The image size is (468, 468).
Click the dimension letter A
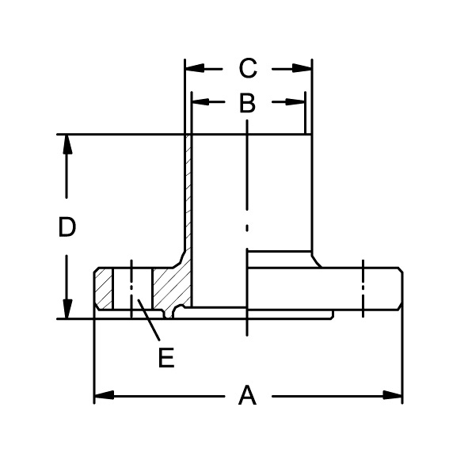coord(247,394)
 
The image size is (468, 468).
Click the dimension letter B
coord(247,102)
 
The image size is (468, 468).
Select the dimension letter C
coord(248,69)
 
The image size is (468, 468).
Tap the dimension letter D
coord(67,227)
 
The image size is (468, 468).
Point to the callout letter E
coord(166,358)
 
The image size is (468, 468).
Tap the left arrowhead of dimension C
coord(193,69)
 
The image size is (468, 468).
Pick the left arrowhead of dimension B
coord(200,102)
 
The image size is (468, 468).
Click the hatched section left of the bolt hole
coord(103,290)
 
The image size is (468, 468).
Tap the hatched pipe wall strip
coord(188,198)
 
